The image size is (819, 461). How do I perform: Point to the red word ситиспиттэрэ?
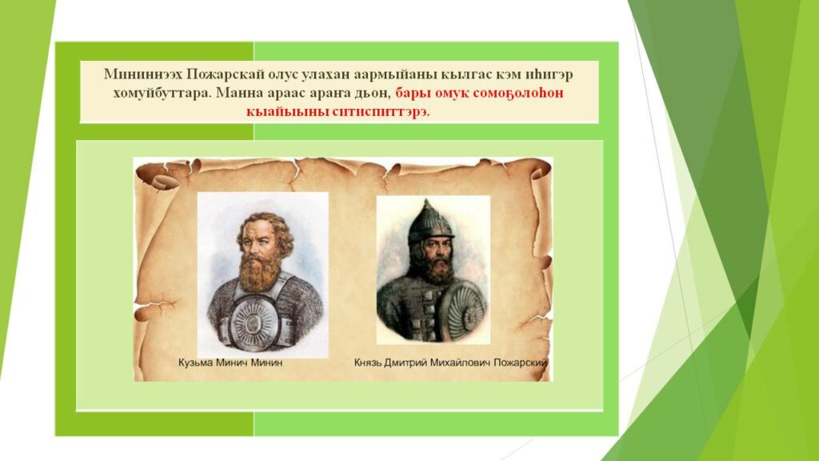tap(381, 112)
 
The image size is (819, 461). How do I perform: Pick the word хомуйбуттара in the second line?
tap(162, 94)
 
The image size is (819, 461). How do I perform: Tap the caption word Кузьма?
tap(195, 363)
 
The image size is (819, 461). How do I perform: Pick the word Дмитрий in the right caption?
tap(406, 363)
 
